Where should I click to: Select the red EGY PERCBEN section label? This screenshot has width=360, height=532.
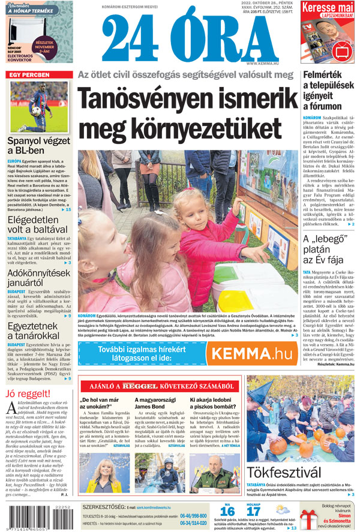pyautogui.click(x=28, y=74)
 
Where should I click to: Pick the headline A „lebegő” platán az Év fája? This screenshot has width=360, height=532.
pyautogui.click(x=322, y=251)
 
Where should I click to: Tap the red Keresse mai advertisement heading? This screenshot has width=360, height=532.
pyautogui.click(x=327, y=8)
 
